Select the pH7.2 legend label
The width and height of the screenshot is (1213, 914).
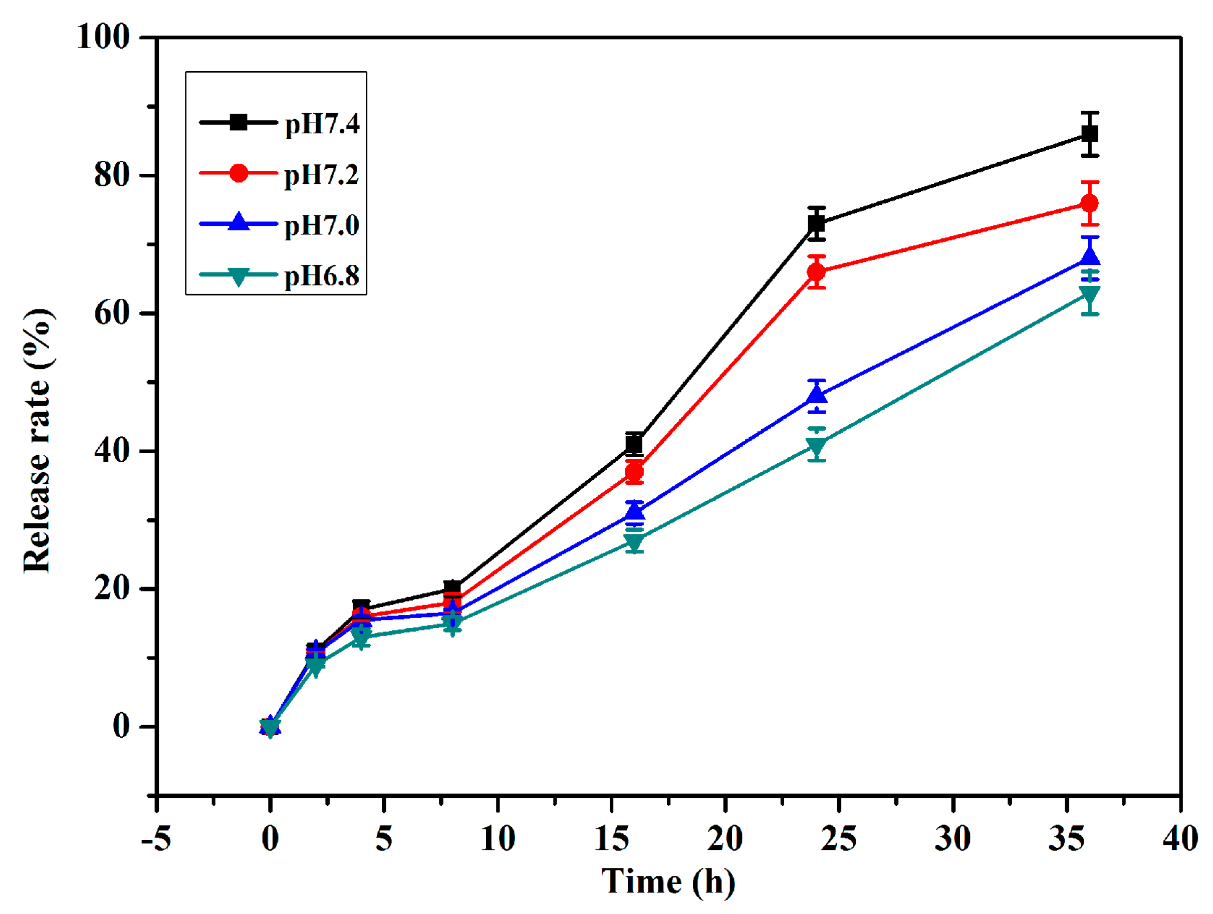[321, 175]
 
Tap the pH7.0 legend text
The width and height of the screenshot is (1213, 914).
[321, 225]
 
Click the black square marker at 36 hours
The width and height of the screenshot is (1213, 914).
[1089, 134]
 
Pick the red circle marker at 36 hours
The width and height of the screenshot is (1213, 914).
[1089, 203]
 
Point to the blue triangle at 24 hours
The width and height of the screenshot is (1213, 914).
[817, 394]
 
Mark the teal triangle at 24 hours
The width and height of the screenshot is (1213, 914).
[817, 445]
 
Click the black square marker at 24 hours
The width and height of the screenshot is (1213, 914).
[817, 224]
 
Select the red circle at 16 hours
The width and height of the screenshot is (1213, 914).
[634, 472]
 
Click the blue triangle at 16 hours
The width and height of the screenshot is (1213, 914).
[634, 511]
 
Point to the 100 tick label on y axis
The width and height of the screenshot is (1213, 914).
[103, 37]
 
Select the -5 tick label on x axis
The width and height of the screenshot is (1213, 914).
[156, 839]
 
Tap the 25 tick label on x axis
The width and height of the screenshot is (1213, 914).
[838, 839]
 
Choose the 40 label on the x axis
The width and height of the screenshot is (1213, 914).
[1180, 839]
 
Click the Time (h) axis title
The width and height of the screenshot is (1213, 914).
[668, 881]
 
